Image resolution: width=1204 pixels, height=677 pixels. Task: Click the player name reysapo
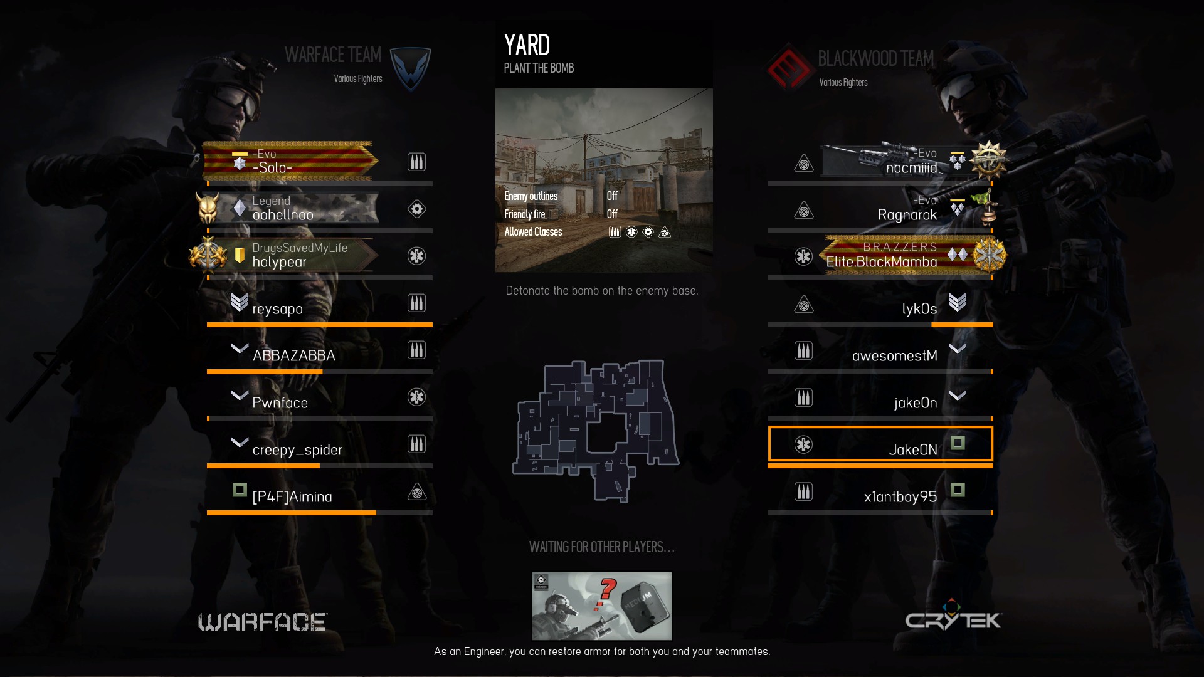click(277, 309)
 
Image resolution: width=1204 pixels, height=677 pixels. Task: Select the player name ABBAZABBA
click(293, 356)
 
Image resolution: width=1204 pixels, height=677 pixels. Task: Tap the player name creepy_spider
click(297, 450)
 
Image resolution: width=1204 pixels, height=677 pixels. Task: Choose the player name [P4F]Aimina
click(292, 497)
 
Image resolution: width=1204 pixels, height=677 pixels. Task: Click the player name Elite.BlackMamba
click(881, 262)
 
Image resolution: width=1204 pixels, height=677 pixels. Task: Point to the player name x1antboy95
click(900, 497)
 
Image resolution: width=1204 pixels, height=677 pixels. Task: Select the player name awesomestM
click(894, 356)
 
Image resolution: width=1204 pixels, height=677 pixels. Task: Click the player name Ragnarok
click(907, 215)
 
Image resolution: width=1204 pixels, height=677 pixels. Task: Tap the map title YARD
click(527, 45)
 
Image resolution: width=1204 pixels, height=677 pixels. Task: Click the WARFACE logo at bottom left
click(262, 622)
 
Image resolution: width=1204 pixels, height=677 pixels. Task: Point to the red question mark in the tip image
click(607, 592)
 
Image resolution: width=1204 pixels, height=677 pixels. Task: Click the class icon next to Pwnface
click(416, 397)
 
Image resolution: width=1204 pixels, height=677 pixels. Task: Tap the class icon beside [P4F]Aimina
click(416, 493)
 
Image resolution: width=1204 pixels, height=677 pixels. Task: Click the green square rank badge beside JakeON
click(957, 443)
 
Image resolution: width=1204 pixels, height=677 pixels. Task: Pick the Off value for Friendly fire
click(612, 214)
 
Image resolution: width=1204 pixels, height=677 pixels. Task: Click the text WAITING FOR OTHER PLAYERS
click(601, 547)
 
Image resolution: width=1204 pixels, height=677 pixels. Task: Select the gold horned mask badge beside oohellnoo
click(208, 207)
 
